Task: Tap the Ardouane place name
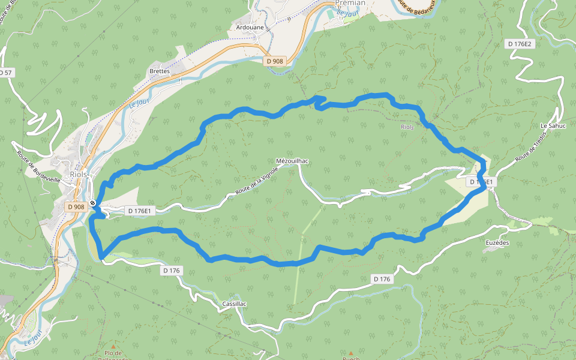(x=250, y=28)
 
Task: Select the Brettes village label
(x=160, y=71)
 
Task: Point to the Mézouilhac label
(x=292, y=161)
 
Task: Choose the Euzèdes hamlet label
(x=497, y=242)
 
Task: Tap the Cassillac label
(x=234, y=304)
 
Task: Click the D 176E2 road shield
(x=520, y=44)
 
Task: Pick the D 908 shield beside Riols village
(x=76, y=206)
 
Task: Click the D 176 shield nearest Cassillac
(x=172, y=271)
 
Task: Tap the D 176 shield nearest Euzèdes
(x=382, y=279)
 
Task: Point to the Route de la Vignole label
(x=257, y=181)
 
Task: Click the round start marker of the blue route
(x=93, y=203)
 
